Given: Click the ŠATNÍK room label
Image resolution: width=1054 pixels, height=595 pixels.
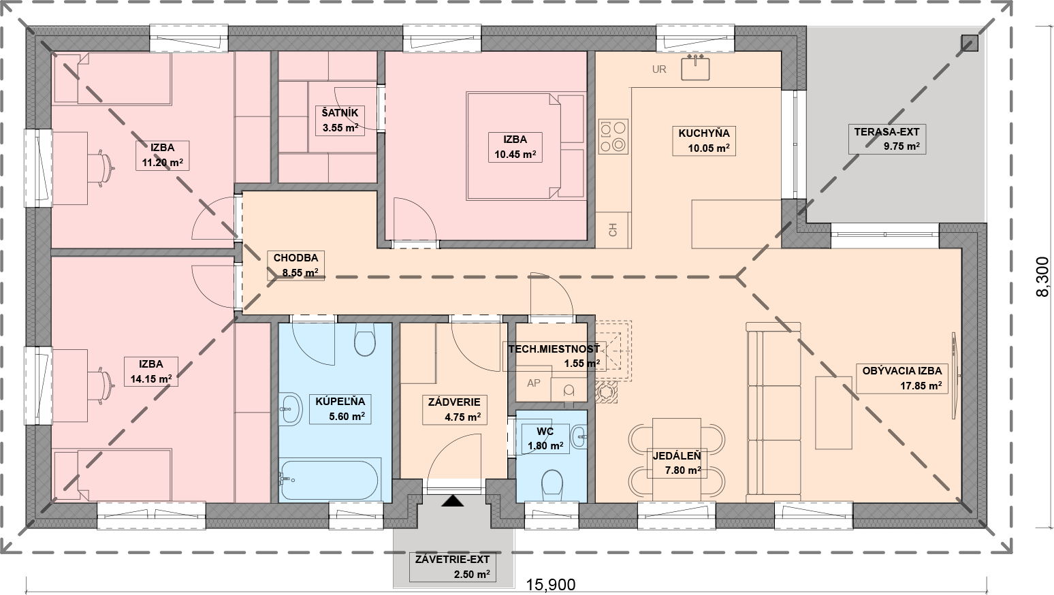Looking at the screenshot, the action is click(x=340, y=113).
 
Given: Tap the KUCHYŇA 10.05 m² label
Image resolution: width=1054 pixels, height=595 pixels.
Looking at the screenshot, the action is click(x=704, y=141).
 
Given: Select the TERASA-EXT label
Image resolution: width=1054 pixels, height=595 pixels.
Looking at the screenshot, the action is click(x=887, y=131).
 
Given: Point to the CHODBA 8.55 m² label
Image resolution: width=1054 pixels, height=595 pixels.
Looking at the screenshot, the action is click(x=296, y=266).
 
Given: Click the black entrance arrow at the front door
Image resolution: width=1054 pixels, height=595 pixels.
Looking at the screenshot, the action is click(x=453, y=500).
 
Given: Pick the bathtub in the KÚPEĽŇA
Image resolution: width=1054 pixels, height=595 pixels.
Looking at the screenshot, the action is click(x=330, y=481).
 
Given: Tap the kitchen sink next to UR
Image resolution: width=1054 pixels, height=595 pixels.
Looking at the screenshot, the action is click(x=695, y=67).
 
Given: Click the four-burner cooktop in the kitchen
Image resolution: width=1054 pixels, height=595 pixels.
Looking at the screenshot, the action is click(x=613, y=136).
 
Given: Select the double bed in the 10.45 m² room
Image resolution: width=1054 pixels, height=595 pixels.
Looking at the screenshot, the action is click(x=526, y=146).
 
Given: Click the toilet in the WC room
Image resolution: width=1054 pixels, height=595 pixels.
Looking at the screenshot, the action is click(x=552, y=485).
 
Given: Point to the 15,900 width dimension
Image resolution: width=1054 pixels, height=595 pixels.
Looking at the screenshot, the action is click(x=551, y=585).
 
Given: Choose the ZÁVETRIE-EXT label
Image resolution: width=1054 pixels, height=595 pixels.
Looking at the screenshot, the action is click(x=452, y=560).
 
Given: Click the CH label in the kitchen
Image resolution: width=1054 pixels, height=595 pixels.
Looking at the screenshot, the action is click(x=613, y=230).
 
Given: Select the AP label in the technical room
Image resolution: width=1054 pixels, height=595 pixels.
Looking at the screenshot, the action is click(x=534, y=383).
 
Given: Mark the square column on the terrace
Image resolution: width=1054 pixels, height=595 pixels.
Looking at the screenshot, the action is click(x=970, y=44).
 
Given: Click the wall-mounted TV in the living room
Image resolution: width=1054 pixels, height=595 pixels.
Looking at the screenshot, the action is click(x=956, y=375).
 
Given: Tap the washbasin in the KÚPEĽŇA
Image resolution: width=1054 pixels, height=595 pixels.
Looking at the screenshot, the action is click(x=291, y=409).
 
